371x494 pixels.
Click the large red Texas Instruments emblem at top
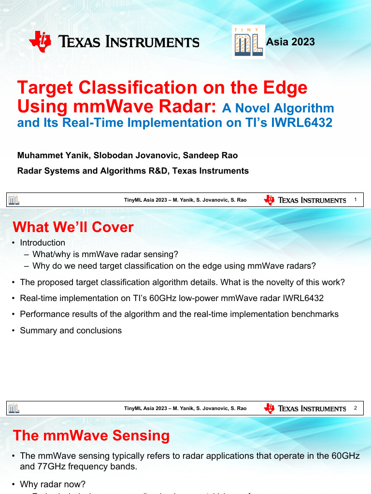(40, 41)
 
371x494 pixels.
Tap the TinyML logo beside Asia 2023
(248, 42)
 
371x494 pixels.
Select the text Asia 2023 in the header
(290, 42)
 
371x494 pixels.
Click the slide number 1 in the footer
(355, 200)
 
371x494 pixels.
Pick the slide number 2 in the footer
(355, 408)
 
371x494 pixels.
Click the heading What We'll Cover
(73, 227)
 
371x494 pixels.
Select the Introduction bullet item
(43, 243)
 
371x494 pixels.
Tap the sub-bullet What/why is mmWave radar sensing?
(105, 254)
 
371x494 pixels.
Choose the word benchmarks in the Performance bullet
(315, 314)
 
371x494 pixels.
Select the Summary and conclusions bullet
(71, 330)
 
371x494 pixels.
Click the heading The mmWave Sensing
(91, 436)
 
